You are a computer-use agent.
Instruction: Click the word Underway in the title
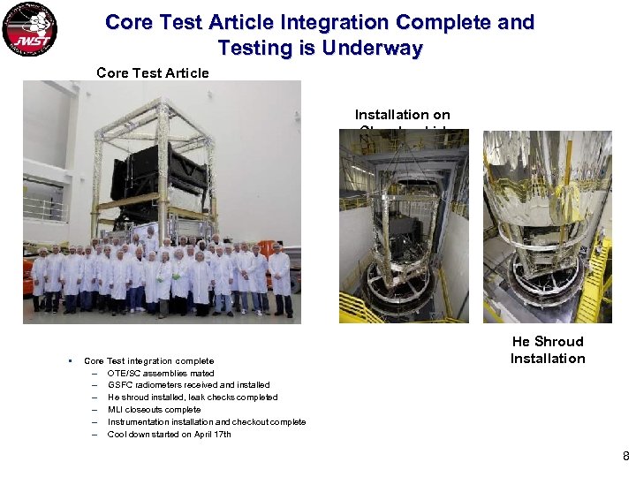point(372,48)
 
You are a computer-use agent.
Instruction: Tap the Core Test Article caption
point(152,72)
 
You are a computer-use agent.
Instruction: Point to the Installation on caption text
point(402,115)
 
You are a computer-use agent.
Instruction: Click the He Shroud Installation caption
point(547,350)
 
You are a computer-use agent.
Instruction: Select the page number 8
point(625,457)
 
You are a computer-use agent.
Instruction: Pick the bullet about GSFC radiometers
point(188,385)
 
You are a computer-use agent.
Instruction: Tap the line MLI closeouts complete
point(154,410)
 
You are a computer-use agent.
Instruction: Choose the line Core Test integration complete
point(148,360)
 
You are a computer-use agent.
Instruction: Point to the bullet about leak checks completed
point(193,397)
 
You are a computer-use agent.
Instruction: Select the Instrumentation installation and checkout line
point(206,422)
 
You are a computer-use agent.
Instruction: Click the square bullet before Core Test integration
point(67,360)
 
